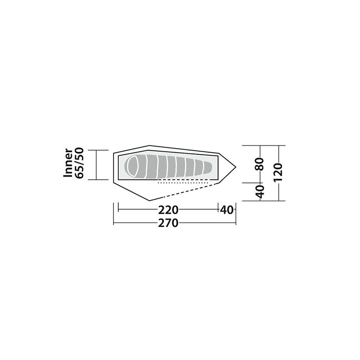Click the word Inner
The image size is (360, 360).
click(x=68, y=164)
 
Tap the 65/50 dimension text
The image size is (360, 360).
click(x=80, y=164)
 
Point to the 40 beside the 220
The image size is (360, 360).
click(x=228, y=209)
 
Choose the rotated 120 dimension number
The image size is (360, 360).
click(x=277, y=171)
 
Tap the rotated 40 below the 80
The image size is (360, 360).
click(x=259, y=191)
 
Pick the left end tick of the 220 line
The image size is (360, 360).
click(x=118, y=209)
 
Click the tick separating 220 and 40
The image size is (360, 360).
click(x=219, y=209)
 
